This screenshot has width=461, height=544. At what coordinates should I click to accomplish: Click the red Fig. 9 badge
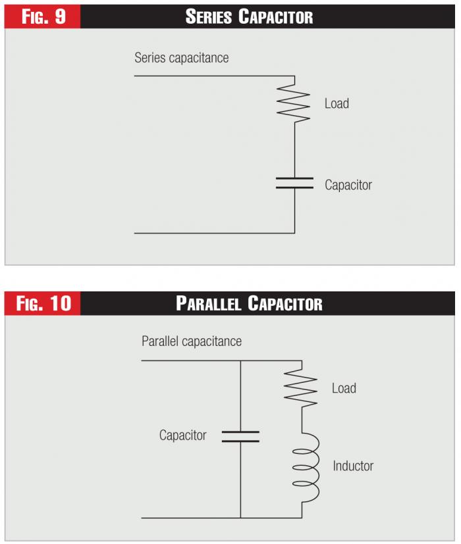coord(43,16)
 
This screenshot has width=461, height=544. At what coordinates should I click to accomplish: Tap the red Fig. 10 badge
coord(43,303)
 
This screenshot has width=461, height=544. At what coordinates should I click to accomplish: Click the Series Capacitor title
coord(249,16)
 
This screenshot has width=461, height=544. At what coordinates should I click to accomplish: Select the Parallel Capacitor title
coord(249,303)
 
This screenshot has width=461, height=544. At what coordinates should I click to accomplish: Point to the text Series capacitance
coord(181,58)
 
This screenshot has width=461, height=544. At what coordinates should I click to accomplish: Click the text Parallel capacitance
coord(192,341)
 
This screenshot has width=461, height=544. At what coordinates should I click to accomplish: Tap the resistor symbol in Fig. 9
coord(294,103)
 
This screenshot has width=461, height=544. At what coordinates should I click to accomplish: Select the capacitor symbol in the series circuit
coord(294,183)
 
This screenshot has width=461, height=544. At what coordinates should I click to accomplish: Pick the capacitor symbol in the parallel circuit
coord(240,436)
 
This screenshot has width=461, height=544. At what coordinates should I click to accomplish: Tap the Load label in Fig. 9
coord(337,104)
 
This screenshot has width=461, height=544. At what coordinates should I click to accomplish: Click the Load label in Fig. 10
coord(344,389)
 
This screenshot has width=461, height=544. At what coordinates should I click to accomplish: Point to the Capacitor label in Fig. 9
coord(348,185)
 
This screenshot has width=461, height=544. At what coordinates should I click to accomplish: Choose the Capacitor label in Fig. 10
coord(182,435)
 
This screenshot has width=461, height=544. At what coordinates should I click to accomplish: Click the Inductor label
coord(353,466)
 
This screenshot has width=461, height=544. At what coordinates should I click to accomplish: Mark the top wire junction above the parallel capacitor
coord(240,360)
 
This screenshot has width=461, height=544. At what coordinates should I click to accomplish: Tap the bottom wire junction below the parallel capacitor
coord(240,518)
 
